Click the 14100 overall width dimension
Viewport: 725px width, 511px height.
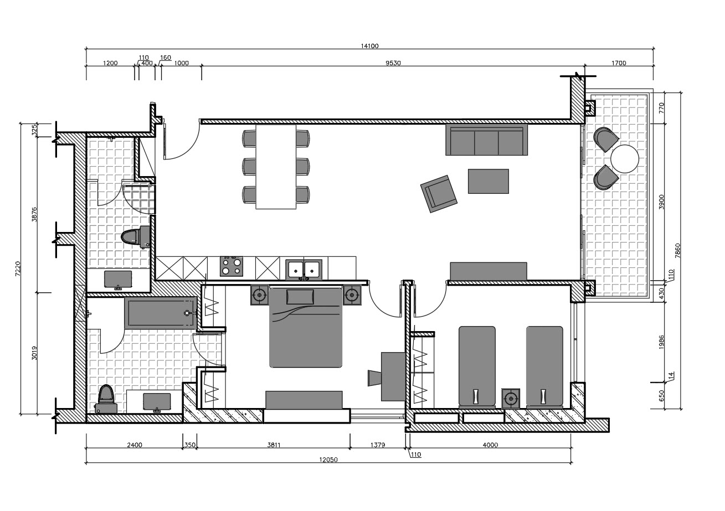tap(369, 46)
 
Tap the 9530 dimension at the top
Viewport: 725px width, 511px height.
tap(393, 63)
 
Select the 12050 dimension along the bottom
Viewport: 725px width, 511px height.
tap(328, 460)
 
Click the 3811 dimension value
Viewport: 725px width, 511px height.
tap(273, 445)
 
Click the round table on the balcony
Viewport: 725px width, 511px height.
tap(625, 159)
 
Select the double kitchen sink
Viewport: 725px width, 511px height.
tap(304, 269)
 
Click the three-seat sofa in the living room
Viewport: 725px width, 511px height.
tap(486, 141)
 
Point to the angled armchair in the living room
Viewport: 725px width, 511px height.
tap(439, 193)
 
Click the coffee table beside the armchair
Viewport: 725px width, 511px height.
tap(488, 181)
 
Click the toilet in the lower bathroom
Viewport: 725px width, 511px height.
tap(105, 399)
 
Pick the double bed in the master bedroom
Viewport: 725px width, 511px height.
tap(305, 328)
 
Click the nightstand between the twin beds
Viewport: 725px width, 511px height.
tap(511, 398)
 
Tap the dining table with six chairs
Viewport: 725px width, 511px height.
tap(276, 167)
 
